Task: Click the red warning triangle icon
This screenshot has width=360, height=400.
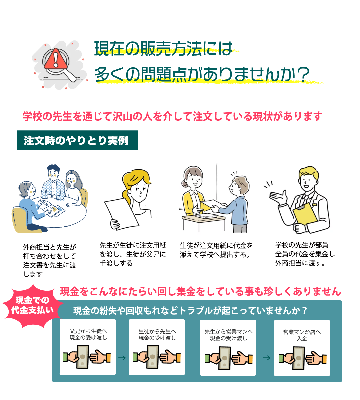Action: [x=56, y=59]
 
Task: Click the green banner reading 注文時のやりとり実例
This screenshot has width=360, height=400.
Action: [x=77, y=140]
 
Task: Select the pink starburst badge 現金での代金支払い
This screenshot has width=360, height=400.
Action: [x=32, y=305]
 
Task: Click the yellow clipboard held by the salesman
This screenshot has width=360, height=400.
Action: [x=305, y=214]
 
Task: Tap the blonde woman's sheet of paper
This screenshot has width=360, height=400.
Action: [x=122, y=214]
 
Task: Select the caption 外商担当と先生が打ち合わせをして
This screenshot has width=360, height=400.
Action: [x=49, y=251]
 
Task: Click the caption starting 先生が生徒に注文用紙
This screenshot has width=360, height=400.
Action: [x=133, y=254]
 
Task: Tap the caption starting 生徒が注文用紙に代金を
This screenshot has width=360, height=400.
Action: [x=216, y=250]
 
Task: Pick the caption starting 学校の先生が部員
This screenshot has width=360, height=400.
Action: [x=305, y=254]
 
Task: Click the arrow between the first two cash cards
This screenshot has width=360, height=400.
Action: [x=122, y=358]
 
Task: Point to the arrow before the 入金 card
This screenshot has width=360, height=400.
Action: [x=266, y=358]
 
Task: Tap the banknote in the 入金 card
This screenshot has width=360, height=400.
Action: [x=299, y=358]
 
